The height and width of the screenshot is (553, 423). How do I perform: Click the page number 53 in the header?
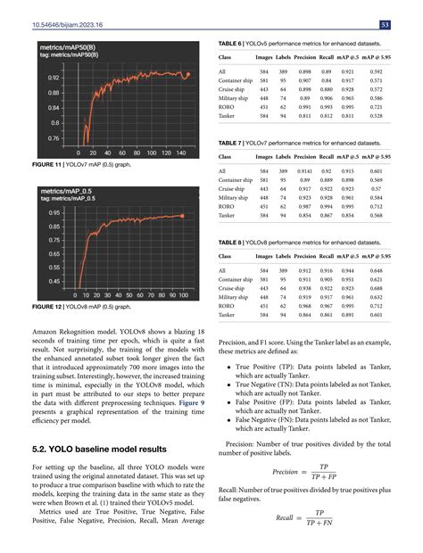click(x=406, y=23)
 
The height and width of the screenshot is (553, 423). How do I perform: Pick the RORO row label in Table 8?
click(x=228, y=306)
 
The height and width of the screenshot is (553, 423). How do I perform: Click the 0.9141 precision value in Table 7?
click(x=304, y=171)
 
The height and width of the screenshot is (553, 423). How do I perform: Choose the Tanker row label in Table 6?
click(x=230, y=115)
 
